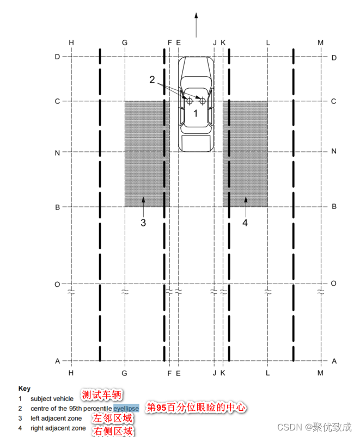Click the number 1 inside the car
coord(196,113)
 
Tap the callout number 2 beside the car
coord(152,79)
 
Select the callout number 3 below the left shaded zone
coord(143,223)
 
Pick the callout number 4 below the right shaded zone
coord(245,223)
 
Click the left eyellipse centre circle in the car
coord(190,101)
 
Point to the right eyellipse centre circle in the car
coord(203,101)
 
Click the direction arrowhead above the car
coord(196,16)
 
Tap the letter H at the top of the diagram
coord(71,42)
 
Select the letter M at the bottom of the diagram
coord(320,373)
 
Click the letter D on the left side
coord(57,57)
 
